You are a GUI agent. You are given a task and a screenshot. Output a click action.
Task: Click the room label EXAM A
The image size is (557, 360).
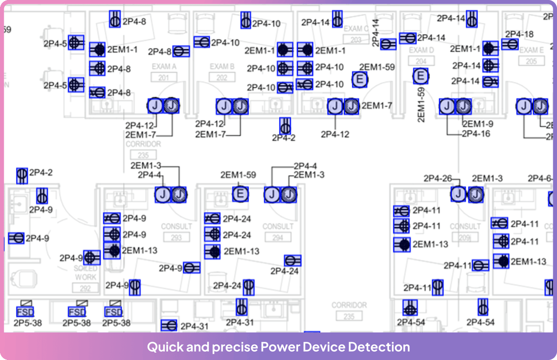[x=164, y=66]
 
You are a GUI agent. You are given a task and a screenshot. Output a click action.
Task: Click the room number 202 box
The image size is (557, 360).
[x=222, y=78]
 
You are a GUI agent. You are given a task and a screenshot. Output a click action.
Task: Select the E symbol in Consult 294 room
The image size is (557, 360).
[x=240, y=194]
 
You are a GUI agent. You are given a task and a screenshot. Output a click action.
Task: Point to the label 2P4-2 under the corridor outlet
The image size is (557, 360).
[x=284, y=138]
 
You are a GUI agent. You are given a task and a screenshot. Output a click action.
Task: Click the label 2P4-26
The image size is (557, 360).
[x=437, y=178]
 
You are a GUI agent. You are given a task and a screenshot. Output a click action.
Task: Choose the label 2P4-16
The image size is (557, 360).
[x=476, y=134]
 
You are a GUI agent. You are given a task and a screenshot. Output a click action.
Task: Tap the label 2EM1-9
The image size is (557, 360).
[x=478, y=124]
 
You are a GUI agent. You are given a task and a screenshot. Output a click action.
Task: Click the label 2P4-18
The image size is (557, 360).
[x=519, y=34]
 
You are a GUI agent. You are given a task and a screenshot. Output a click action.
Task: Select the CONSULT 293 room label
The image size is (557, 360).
[x=176, y=226]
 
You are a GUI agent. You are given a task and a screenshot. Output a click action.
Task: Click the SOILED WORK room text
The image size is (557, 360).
[x=86, y=273]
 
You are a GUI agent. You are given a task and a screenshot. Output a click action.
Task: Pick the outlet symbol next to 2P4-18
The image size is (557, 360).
[x=510, y=45]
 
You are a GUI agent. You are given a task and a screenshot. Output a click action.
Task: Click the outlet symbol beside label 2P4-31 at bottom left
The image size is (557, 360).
[x=169, y=325]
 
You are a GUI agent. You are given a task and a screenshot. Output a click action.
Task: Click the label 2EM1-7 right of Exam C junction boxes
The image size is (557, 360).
[x=376, y=106]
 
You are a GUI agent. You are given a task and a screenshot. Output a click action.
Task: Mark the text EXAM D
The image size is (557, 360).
[x=421, y=50]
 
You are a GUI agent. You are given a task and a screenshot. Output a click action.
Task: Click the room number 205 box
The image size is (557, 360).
[x=531, y=61]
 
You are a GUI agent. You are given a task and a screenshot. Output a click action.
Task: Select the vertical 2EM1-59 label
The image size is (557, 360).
[x=421, y=105]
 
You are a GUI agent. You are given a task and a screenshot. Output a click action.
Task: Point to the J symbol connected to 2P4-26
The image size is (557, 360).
[x=459, y=194]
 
